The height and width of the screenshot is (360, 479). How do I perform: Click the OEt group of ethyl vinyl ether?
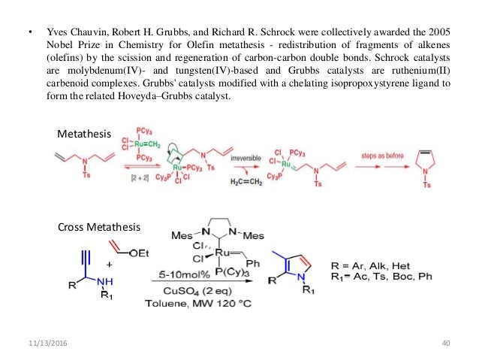coord(137,253)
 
